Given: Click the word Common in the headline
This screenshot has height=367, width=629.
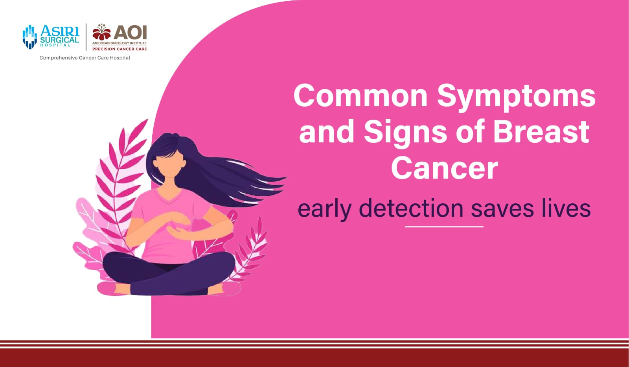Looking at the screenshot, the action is (360, 96).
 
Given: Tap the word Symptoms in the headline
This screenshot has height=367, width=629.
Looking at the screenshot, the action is (516, 98).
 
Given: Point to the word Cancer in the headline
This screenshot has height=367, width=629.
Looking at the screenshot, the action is (444, 168).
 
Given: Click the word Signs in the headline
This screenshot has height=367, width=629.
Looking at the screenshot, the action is (405, 134).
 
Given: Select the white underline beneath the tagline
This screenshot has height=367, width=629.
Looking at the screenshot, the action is (444, 227).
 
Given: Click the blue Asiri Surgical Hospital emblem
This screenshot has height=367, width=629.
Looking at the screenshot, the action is (30, 37).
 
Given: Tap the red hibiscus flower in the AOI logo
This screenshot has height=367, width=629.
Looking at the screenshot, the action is (102, 32).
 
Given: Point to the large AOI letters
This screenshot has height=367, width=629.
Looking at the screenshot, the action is (130, 33).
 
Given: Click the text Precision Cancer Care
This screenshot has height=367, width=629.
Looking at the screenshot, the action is (120, 49).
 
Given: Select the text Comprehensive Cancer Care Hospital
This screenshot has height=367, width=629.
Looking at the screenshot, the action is (85, 58).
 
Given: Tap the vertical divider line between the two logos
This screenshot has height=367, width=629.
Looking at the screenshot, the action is (86, 37).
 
